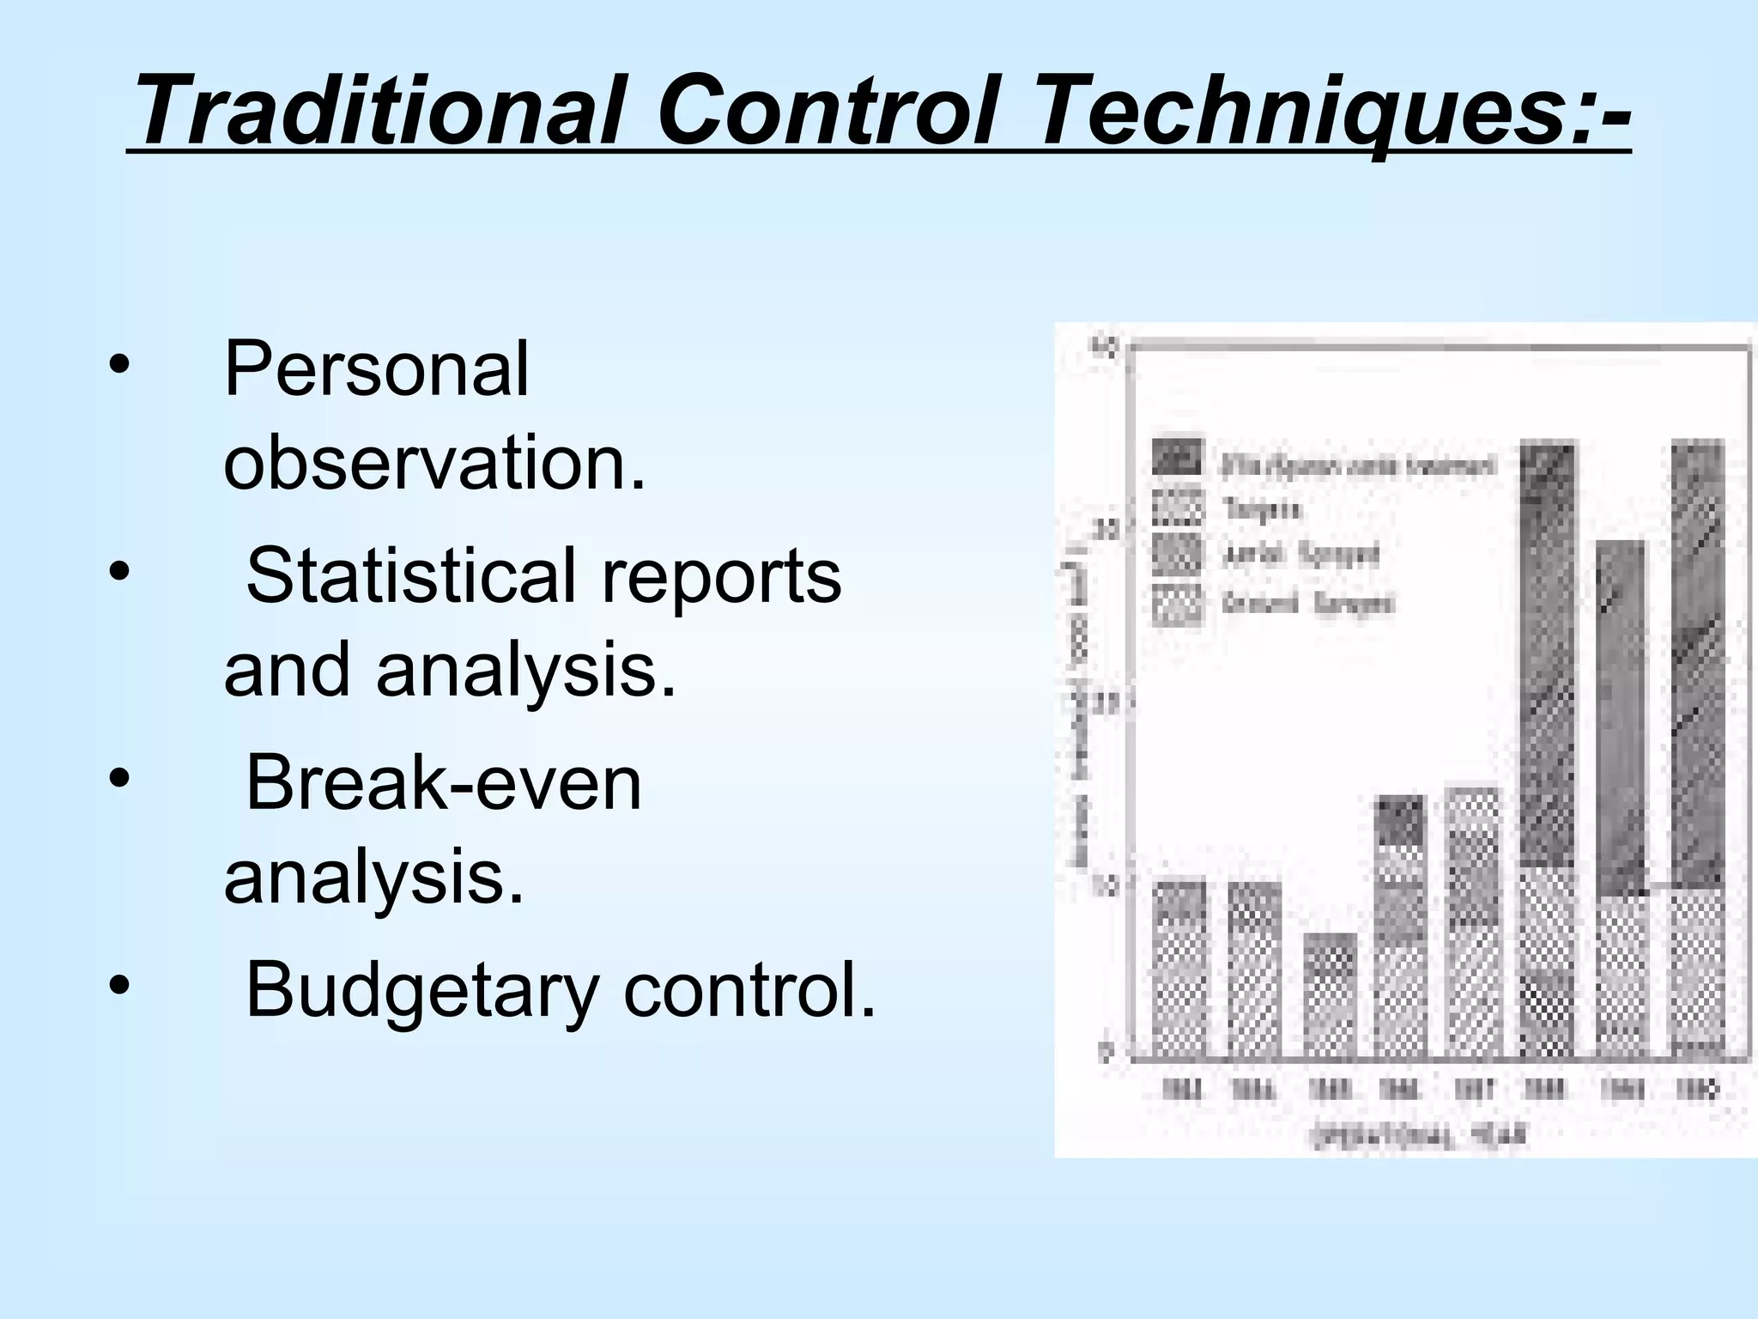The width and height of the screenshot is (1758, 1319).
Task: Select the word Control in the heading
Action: click(828, 112)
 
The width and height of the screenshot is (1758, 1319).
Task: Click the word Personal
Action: click(376, 369)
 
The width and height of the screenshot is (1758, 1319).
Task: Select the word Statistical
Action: click(410, 575)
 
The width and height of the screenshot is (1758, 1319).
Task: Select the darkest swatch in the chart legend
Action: click(1177, 458)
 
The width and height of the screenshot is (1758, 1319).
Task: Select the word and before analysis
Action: click(287, 670)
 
